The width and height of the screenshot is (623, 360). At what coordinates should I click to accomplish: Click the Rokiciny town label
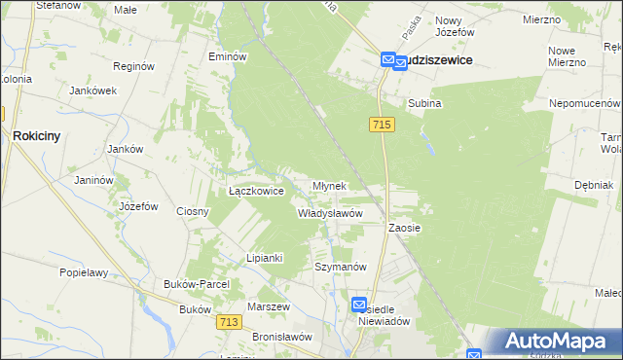coord(37,137)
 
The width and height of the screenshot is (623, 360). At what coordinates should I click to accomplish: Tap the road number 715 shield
coord(382,125)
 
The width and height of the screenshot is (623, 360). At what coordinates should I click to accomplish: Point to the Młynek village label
coord(329,185)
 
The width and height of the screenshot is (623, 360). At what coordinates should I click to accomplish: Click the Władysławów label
coord(330,213)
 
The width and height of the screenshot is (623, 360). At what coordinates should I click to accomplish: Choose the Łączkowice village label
coord(255,192)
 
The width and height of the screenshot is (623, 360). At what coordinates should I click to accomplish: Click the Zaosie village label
coord(404,228)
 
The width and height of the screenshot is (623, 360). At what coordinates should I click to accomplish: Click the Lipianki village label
coord(264,258)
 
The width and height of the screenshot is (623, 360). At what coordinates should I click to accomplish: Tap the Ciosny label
coord(193,211)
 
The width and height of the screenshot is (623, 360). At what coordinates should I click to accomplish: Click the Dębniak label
coord(593,184)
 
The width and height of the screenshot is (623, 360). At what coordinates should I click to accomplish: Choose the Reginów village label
coord(134,67)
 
